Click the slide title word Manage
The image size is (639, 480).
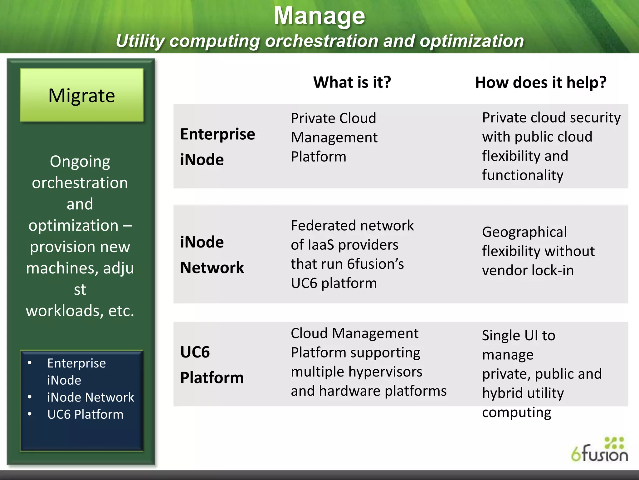point(319,16)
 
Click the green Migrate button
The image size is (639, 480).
point(82,95)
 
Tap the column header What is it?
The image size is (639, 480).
point(352,82)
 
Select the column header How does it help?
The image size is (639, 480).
point(541,83)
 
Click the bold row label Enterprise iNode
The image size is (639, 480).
point(217,147)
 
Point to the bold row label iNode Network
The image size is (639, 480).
point(212,255)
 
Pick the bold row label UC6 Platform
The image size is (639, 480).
point(212,365)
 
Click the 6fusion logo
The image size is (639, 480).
point(599,450)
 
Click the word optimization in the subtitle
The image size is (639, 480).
point(471,41)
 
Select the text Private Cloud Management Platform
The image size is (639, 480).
point(334,137)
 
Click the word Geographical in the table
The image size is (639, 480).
point(524,232)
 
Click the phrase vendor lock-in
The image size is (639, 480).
point(528,270)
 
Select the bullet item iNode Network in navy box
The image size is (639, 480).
point(90,397)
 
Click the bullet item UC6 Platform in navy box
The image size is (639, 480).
point(85,414)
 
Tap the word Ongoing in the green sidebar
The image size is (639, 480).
point(80,162)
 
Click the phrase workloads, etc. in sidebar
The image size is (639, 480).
point(80,311)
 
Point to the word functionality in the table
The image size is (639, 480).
point(523,175)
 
